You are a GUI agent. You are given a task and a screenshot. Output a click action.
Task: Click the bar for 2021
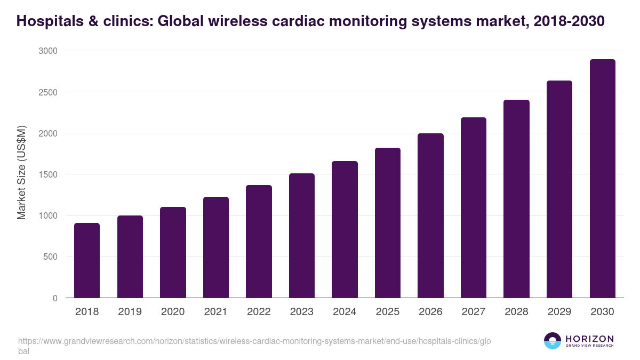click(x=216, y=247)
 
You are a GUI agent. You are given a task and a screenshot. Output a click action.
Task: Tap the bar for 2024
click(x=345, y=229)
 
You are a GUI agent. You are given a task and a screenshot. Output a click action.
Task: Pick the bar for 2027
click(x=474, y=207)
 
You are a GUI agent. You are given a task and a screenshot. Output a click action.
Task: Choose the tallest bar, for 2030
click(x=602, y=179)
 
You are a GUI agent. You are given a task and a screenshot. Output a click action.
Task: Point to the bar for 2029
click(x=559, y=189)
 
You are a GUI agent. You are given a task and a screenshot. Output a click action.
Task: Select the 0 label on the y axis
click(x=55, y=298)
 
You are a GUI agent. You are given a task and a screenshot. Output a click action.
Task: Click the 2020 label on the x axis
click(x=173, y=312)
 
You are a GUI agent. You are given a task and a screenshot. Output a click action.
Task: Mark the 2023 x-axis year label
click(x=302, y=312)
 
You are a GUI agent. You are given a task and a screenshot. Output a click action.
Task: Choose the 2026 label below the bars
click(x=430, y=312)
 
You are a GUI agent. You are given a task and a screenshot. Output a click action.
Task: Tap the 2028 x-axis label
click(x=516, y=312)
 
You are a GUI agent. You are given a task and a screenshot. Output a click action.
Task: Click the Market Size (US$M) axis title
click(x=21, y=173)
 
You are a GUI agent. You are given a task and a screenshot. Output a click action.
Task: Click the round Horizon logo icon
click(x=553, y=341)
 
